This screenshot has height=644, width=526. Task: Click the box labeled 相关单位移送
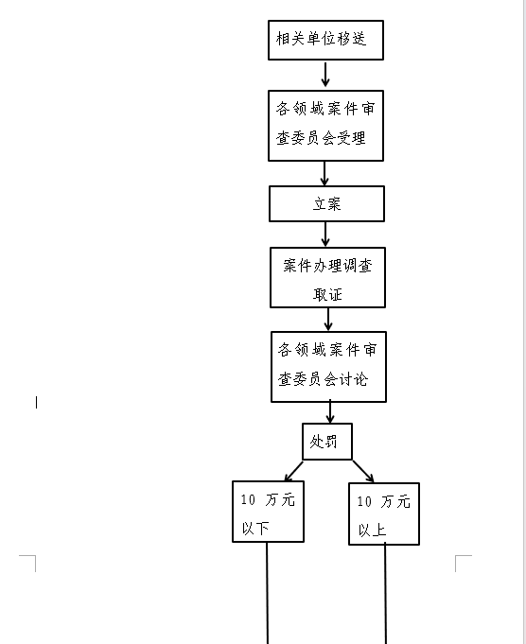point(325,41)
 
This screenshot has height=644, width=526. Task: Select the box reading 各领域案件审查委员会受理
point(325,126)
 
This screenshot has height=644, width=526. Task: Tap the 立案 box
point(326,203)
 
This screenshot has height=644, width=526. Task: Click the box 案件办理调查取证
point(327,277)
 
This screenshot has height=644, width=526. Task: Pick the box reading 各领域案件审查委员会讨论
point(329,367)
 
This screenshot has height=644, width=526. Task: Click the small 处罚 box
point(327,442)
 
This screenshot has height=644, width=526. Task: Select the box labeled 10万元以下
point(268,512)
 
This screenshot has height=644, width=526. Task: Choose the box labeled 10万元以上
point(384,513)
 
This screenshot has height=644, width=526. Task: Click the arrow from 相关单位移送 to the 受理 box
point(325,75)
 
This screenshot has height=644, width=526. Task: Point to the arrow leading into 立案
point(324,173)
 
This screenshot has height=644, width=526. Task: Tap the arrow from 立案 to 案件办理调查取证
point(325,235)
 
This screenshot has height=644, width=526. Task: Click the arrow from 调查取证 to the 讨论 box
point(328,319)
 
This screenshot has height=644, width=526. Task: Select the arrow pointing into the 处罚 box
point(330,411)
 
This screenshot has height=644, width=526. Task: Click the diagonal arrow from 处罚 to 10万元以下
point(294,471)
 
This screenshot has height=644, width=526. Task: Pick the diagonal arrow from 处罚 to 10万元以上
point(363,471)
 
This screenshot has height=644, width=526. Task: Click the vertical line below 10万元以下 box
point(267,593)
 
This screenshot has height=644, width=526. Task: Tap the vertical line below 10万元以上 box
point(385,593)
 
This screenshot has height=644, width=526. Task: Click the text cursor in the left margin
point(37,402)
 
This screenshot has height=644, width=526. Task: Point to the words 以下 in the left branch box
point(255,528)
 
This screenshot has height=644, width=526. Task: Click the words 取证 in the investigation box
point(327,294)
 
